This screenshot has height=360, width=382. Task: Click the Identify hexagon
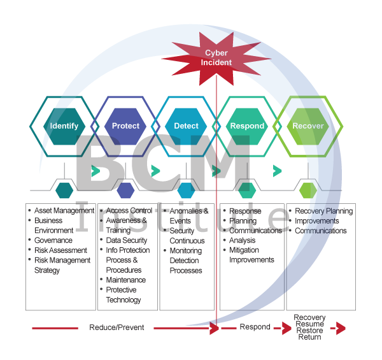[64, 126]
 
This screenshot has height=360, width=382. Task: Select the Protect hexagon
[125, 126]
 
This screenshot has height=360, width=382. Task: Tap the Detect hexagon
[186, 126]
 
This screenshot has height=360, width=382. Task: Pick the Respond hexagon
[246, 126]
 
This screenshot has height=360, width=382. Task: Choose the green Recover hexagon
[308, 126]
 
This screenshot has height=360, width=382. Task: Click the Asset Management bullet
[60, 211]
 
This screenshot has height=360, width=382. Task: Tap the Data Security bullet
[126, 241]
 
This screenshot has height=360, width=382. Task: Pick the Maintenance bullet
[125, 280]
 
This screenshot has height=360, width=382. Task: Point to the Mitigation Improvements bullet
[251, 256]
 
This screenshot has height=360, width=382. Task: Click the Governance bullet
[53, 241]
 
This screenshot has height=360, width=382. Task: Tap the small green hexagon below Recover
[308, 189]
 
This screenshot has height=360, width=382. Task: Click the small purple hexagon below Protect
[125, 189]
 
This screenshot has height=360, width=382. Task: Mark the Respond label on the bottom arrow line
[255, 328]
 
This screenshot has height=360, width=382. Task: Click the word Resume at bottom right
[310, 324]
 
